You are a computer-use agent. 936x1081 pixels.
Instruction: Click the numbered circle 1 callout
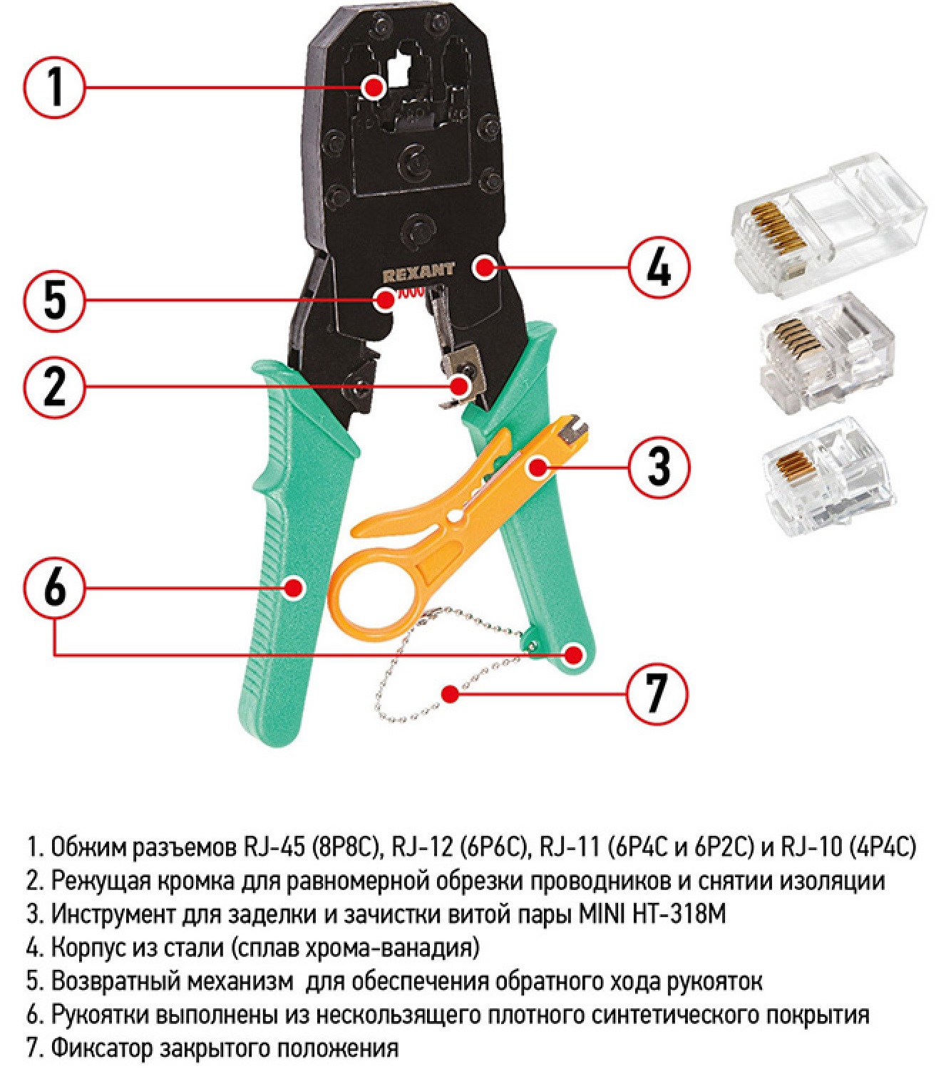[x=54, y=87]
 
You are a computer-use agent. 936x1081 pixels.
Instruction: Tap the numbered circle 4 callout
[x=659, y=268]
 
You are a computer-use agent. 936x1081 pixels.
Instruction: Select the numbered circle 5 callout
[x=54, y=300]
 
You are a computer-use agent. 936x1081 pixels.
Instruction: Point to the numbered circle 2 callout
[x=54, y=386]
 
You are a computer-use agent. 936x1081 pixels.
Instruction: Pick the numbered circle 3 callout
[x=659, y=465]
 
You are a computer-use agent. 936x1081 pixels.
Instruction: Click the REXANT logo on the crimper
[x=418, y=270]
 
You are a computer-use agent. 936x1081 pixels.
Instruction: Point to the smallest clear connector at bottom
[x=827, y=486]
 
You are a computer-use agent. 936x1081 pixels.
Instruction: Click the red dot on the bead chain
[x=450, y=693]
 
